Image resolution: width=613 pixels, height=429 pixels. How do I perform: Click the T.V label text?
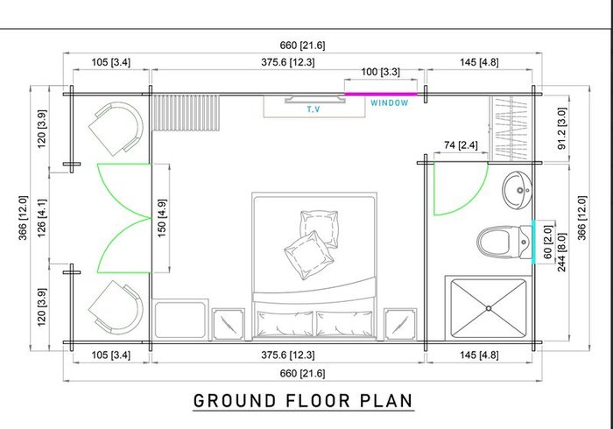point(314,109)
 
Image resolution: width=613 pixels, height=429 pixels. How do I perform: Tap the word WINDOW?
point(390,103)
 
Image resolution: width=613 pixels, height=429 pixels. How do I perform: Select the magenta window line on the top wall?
point(381,94)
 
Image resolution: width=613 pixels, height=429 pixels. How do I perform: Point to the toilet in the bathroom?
point(504,243)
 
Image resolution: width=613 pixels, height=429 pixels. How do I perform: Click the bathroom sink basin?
point(518,190)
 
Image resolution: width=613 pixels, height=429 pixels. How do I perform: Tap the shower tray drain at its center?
point(489,308)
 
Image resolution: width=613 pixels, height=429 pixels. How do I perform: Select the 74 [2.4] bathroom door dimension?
point(461,145)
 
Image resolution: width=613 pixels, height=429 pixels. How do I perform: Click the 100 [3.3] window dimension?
point(380,72)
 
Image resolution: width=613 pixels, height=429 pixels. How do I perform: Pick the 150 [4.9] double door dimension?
point(162,218)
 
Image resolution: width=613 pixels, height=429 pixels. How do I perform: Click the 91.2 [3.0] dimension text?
point(562,128)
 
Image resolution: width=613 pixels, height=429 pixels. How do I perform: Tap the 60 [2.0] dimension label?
point(548,243)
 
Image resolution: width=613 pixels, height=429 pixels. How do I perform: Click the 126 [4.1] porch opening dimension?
point(41,218)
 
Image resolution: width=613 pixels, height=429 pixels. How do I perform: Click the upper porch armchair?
point(116,129)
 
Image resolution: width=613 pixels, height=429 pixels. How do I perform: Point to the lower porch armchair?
point(116,307)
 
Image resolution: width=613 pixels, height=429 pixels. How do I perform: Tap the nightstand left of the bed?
point(229,324)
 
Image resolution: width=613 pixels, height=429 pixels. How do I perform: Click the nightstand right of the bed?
point(400,324)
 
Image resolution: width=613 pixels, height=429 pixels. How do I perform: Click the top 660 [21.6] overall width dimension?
point(302,46)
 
